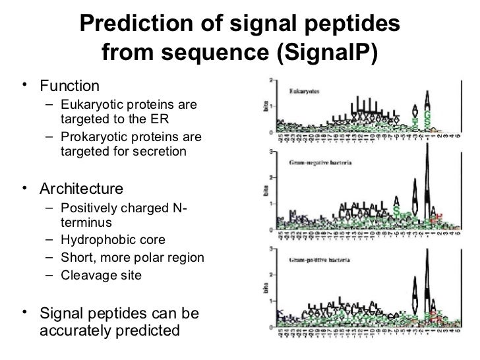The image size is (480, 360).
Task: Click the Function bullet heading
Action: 69,86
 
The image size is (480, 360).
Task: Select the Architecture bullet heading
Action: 81,190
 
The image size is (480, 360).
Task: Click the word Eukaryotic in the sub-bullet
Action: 90,105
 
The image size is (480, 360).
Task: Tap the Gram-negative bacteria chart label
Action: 322,162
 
